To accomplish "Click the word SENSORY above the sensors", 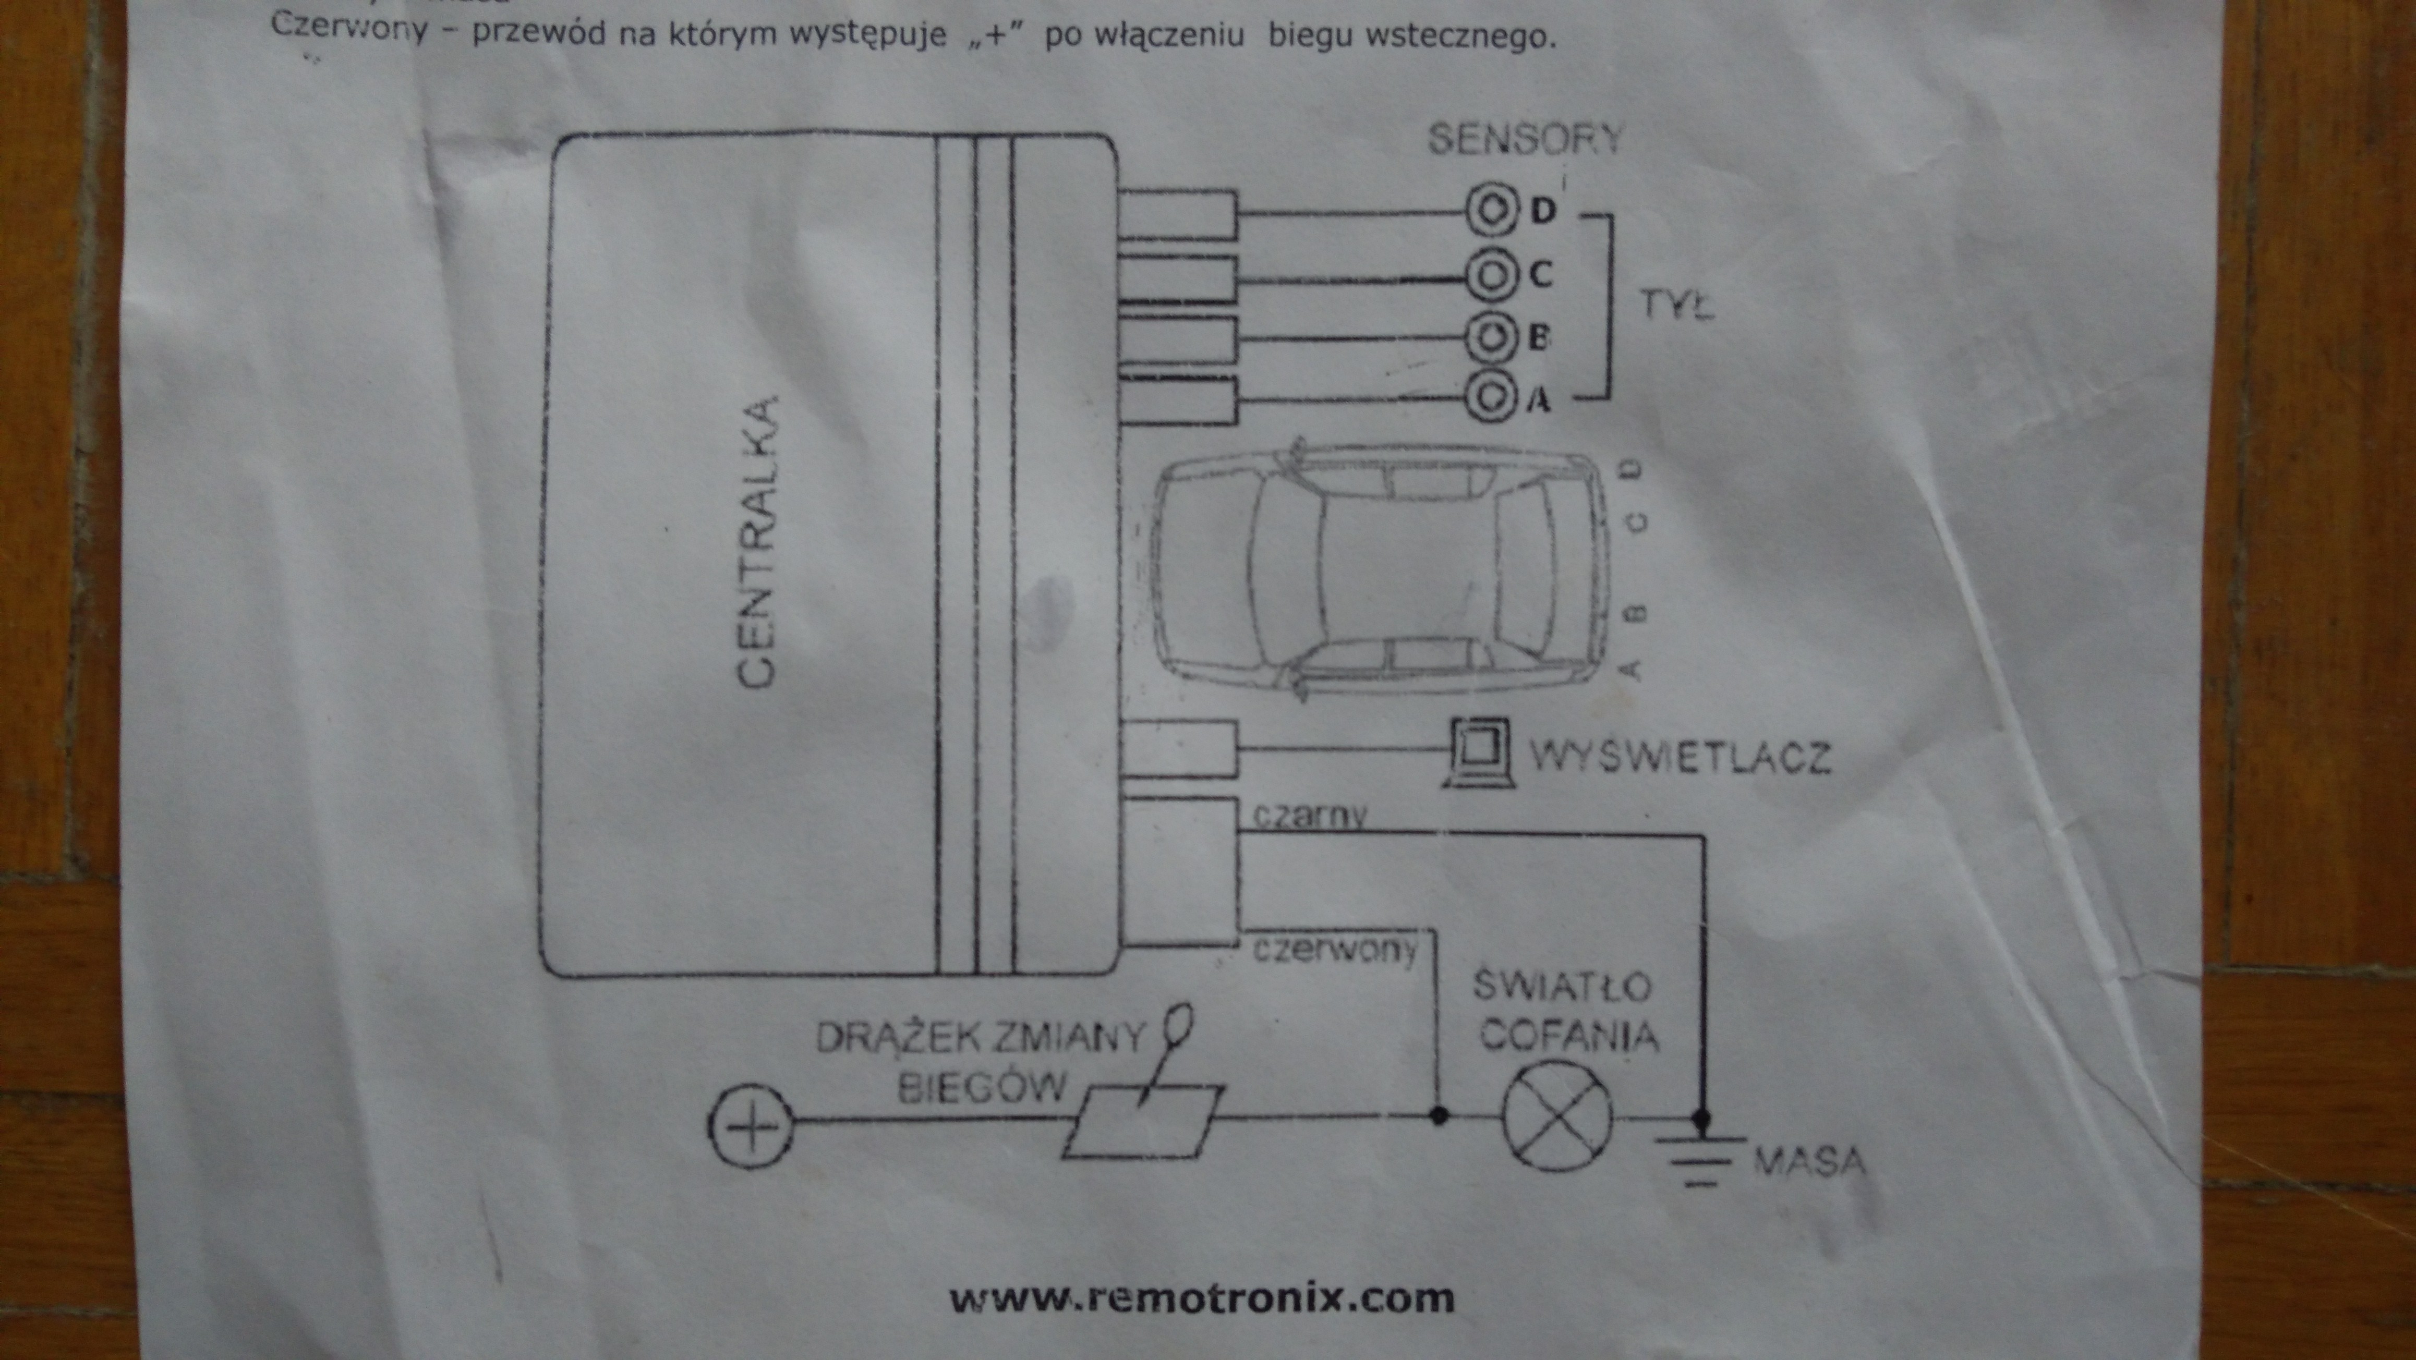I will [x=1525, y=140].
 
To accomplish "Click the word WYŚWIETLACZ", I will [x=1680, y=756].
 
